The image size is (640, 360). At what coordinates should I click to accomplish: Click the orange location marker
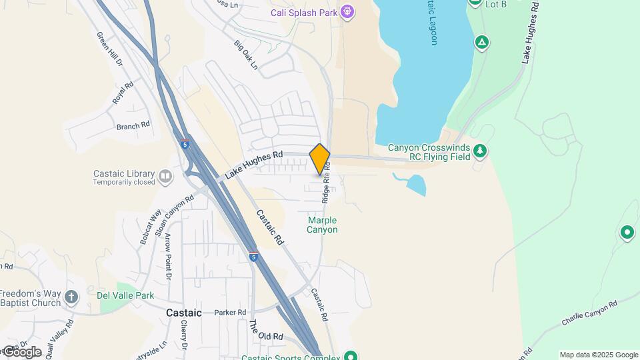pyautogui.click(x=320, y=159)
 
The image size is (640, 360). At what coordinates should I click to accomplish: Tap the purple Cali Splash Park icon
pyautogui.click(x=346, y=12)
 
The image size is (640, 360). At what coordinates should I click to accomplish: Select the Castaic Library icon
pyautogui.click(x=165, y=177)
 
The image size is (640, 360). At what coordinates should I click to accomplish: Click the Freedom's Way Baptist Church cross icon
pyautogui.click(x=71, y=297)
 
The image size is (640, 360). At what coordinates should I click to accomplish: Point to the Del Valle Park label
pyautogui.click(x=125, y=295)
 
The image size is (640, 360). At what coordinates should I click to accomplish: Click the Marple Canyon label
pyautogui.click(x=322, y=225)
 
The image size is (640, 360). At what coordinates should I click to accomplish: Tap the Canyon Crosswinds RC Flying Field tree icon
pyautogui.click(x=481, y=152)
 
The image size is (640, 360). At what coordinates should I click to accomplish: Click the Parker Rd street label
pyautogui.click(x=230, y=312)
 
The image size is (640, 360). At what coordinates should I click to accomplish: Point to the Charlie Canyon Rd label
pyautogui.click(x=590, y=311)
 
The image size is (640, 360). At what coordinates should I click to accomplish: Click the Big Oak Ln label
pyautogui.click(x=245, y=55)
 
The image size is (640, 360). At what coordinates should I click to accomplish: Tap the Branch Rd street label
pyautogui.click(x=133, y=125)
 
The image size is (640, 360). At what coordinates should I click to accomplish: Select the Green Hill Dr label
pyautogui.click(x=110, y=49)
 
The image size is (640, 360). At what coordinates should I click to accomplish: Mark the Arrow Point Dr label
pyautogui.click(x=168, y=257)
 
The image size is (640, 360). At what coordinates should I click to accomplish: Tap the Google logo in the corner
pyautogui.click(x=22, y=351)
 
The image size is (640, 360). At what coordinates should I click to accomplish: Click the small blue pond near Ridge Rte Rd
pyautogui.click(x=414, y=184)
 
